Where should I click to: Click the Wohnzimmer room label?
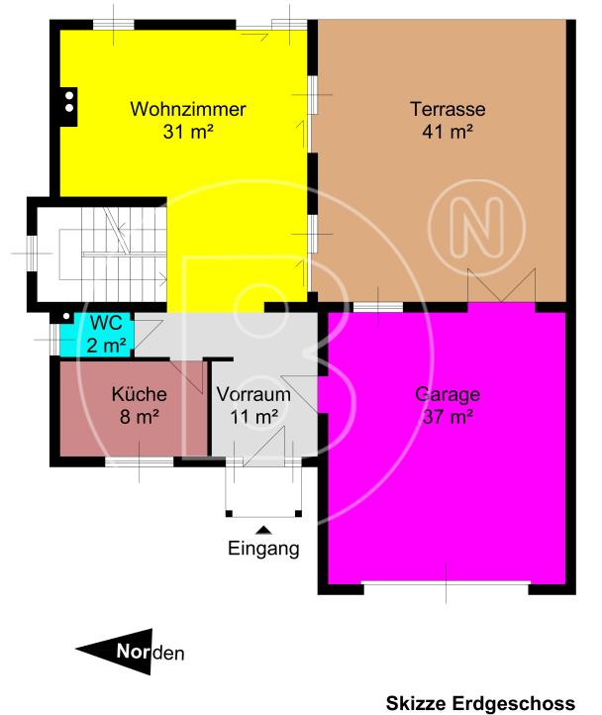point(188,109)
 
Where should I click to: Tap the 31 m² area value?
point(188,131)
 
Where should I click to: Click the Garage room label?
point(448,394)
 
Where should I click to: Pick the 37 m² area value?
point(448,417)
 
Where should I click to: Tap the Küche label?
point(139,394)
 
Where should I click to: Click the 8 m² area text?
point(139,417)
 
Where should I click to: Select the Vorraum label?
point(253,394)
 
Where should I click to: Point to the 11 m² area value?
point(253,417)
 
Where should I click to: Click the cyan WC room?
point(97,335)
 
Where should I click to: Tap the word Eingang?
point(263,548)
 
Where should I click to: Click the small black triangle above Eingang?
point(263,529)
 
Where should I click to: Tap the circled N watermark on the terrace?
point(485,220)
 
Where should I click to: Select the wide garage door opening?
point(446,586)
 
